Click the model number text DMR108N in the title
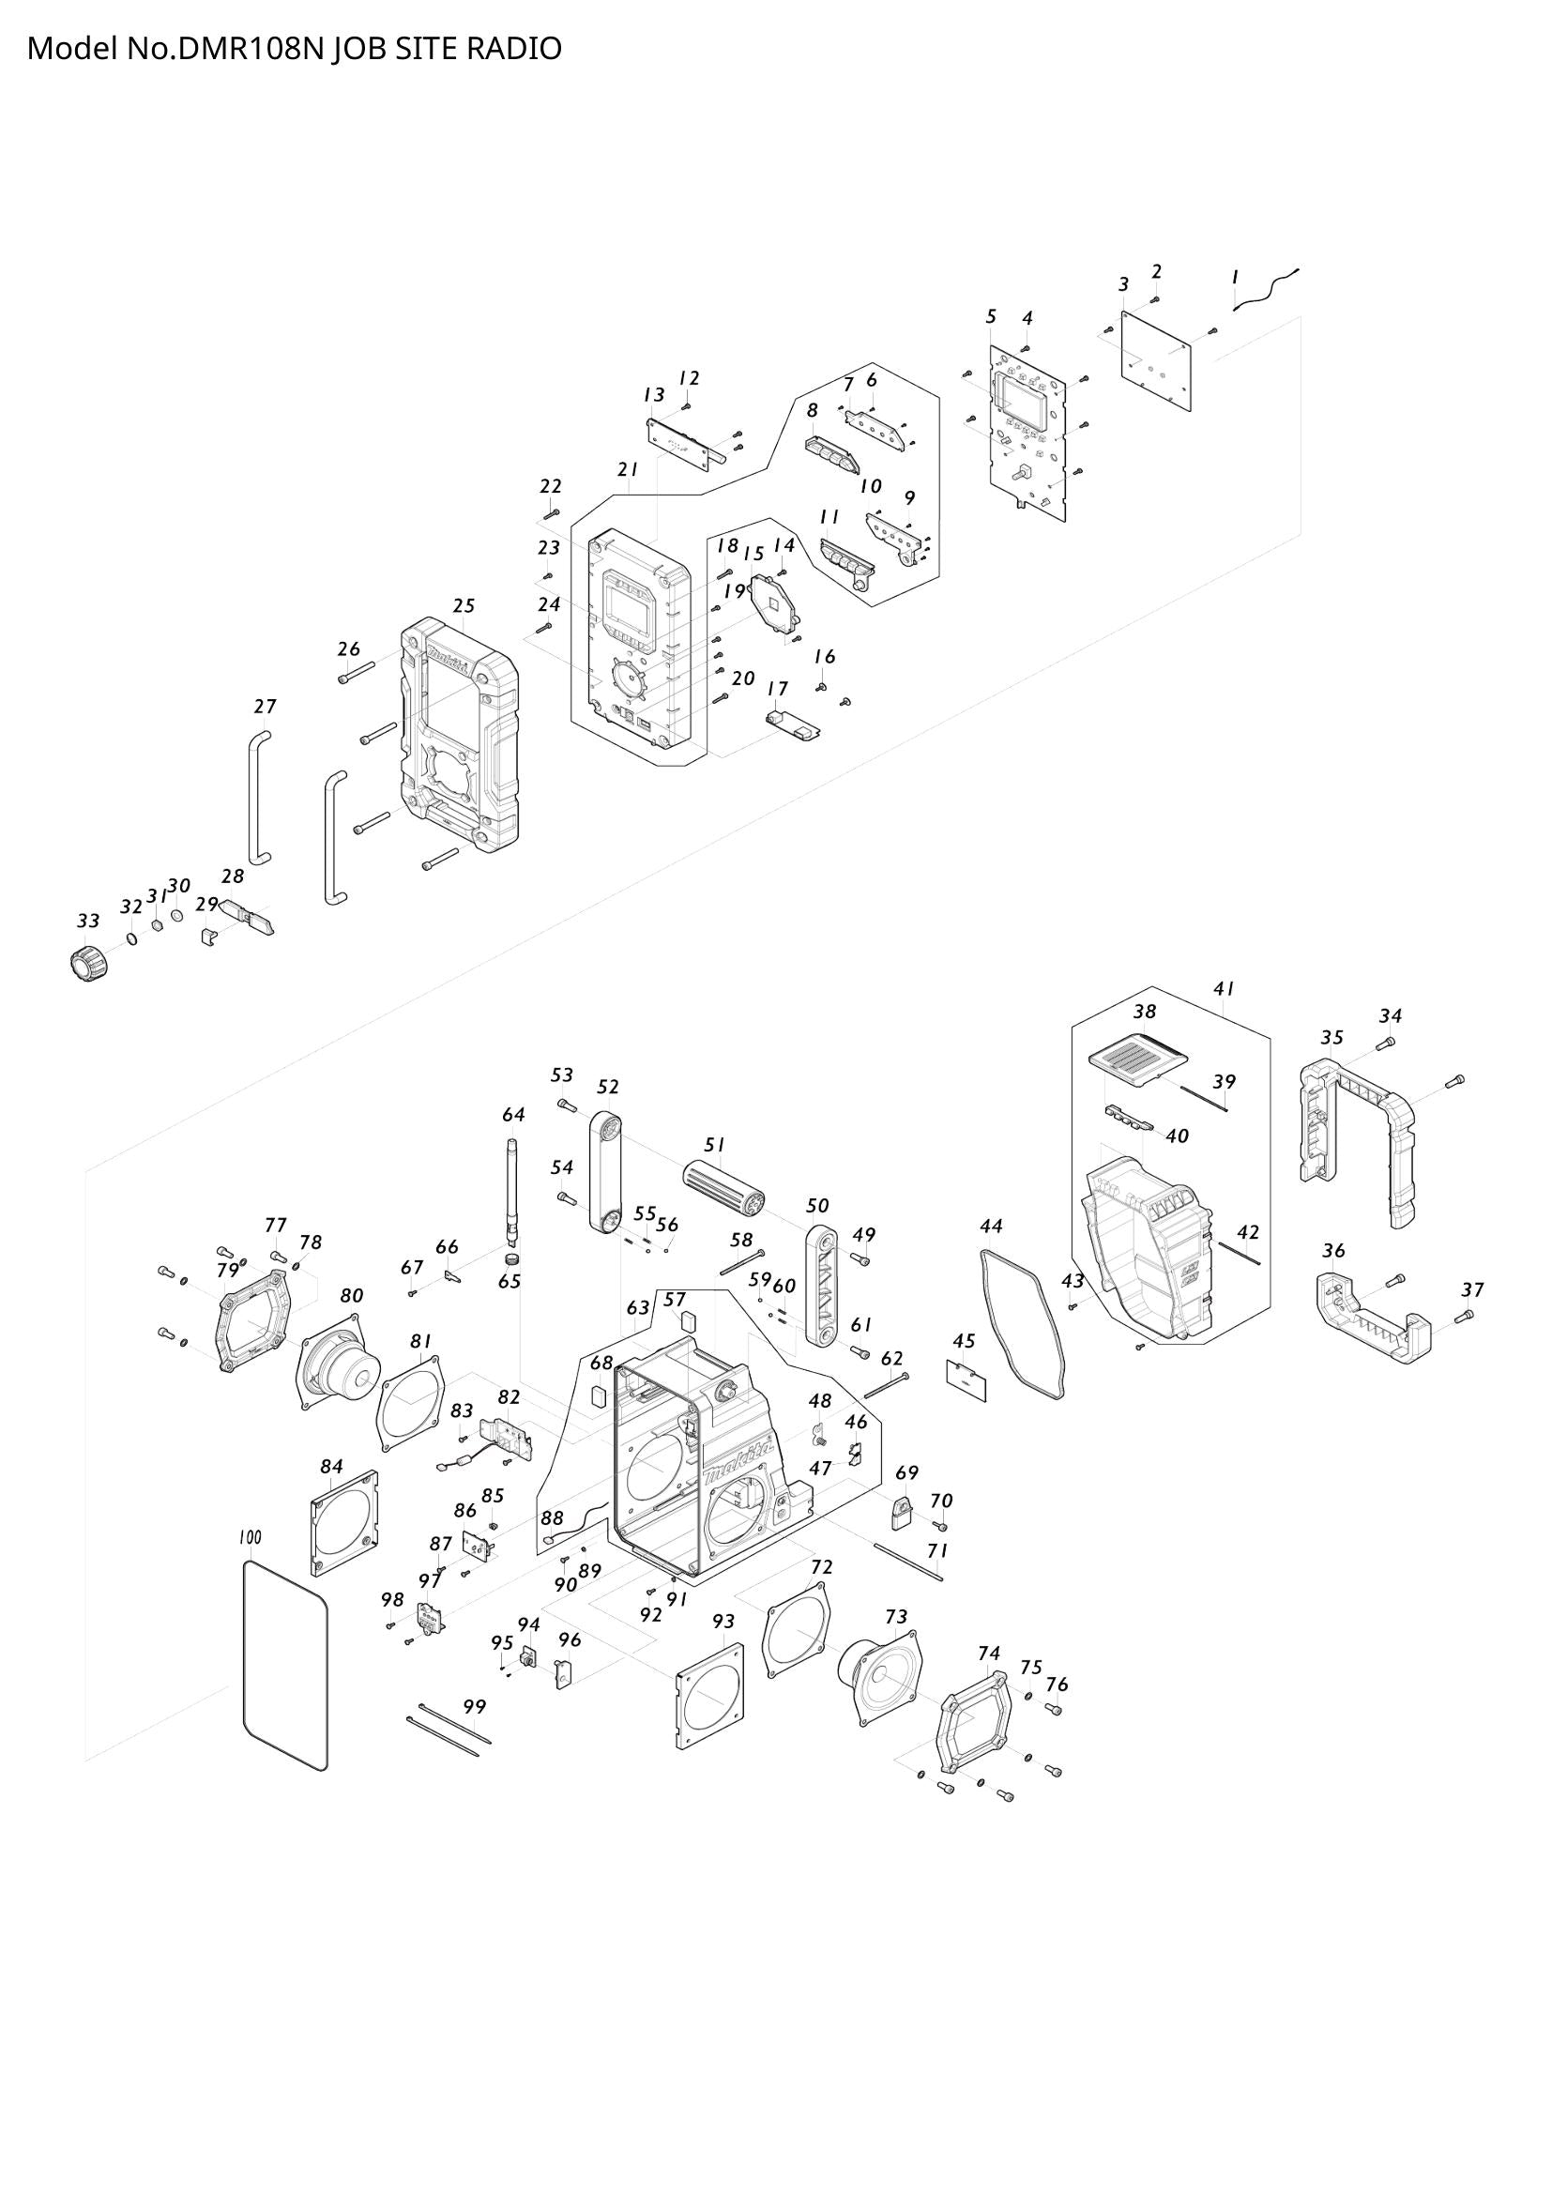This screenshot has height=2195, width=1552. [x=252, y=49]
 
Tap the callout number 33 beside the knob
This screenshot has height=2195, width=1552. [x=88, y=922]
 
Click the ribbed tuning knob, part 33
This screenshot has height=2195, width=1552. [x=88, y=961]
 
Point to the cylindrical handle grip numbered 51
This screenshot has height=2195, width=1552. [x=723, y=1188]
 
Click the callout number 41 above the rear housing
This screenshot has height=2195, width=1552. [x=1225, y=987]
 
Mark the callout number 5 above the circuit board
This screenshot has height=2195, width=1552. [x=991, y=316]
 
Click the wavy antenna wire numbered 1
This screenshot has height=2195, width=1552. [x=1266, y=291]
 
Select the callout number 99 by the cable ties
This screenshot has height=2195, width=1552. [x=475, y=1706]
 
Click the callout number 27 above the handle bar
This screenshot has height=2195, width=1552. [x=266, y=707]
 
